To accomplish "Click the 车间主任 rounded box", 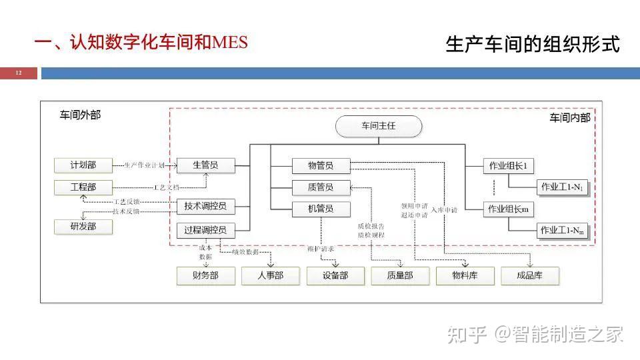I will [x=379, y=126].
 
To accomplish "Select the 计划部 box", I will [x=83, y=165].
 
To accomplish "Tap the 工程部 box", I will [x=83, y=187].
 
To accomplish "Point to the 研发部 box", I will [x=83, y=227].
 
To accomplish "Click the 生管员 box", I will [x=205, y=165].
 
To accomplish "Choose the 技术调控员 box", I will [x=205, y=207].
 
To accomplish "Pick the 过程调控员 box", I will [x=205, y=231].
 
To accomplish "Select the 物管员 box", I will [x=321, y=165].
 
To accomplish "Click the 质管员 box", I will [x=321, y=187].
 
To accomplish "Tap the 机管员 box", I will [x=321, y=209].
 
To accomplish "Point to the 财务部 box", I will [x=205, y=275].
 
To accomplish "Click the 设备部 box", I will [x=335, y=275].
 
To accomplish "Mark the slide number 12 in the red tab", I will [x=19, y=73].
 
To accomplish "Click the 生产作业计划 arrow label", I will [x=144, y=165].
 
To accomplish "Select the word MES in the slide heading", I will [x=229, y=43].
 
